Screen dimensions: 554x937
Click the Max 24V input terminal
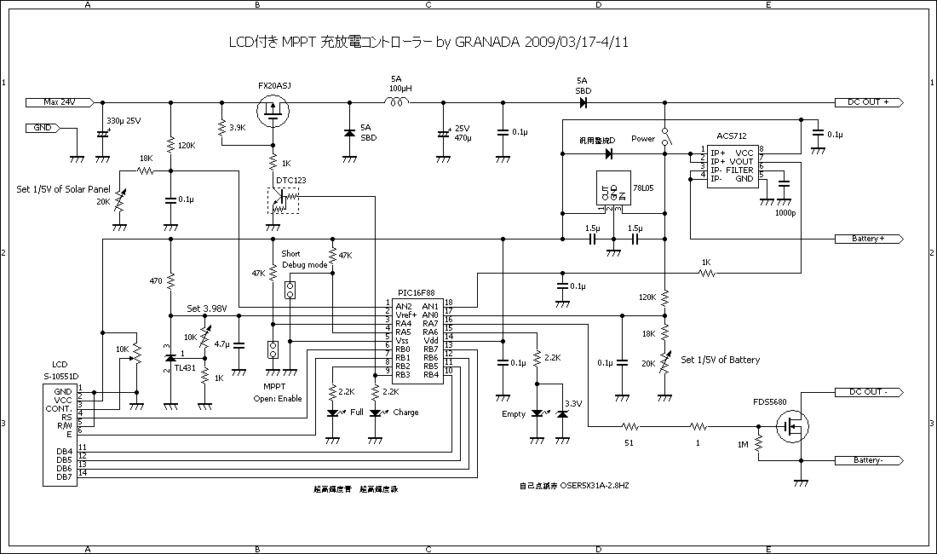pyautogui.click(x=60, y=101)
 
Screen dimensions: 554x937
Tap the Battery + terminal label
pyautogui.click(x=868, y=239)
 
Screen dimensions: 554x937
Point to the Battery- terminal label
pyautogui.click(x=868, y=460)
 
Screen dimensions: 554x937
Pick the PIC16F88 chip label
pyautogui.click(x=417, y=291)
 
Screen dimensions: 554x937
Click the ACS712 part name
pyautogui.click(x=733, y=136)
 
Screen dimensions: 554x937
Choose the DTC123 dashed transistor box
pyautogui.click(x=283, y=201)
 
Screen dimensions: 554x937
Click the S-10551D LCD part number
pyautogui.click(x=60, y=376)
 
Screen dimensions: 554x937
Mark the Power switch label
pyautogui.click(x=643, y=139)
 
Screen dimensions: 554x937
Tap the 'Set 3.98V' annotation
pyautogui.click(x=205, y=309)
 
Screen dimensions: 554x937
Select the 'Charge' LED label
pyautogui.click(x=405, y=413)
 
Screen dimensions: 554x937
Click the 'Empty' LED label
pyautogui.click(x=514, y=415)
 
